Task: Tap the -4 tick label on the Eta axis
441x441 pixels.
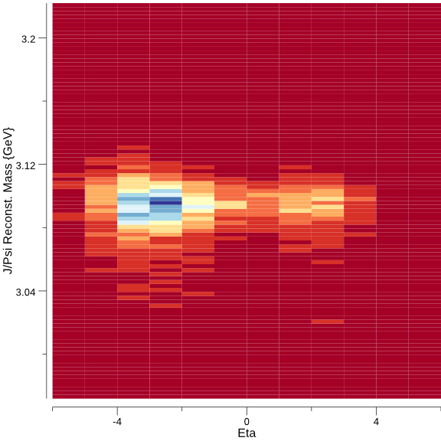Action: [117, 421]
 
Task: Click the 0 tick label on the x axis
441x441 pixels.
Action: [247, 421]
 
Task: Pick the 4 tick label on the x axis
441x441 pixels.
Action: [376, 421]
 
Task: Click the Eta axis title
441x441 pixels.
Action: [247, 433]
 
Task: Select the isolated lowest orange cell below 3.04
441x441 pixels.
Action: [328, 321]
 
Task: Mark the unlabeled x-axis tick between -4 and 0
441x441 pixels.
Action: [182, 410]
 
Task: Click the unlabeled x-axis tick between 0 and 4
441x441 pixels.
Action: [312, 410]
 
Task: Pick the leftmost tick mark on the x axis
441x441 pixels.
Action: [53, 410]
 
